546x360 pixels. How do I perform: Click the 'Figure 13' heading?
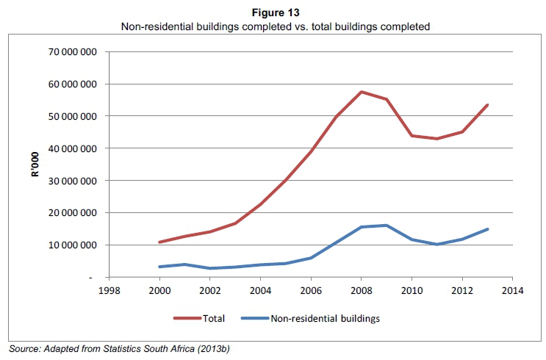pyautogui.click(x=273, y=12)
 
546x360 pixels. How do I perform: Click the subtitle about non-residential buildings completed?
pyautogui.click(x=273, y=26)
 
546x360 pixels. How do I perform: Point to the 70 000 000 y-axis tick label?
pyautogui.click(x=72, y=51)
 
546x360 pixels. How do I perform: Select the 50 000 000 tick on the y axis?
pyautogui.click(x=72, y=116)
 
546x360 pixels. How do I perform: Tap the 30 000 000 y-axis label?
pyautogui.click(x=72, y=181)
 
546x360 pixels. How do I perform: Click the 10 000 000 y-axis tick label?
pyautogui.click(x=72, y=245)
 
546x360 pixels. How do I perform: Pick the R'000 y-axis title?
pyautogui.click(x=34, y=165)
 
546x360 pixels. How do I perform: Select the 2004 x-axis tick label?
pyautogui.click(x=259, y=290)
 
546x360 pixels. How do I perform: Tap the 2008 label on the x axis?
pyautogui.click(x=360, y=290)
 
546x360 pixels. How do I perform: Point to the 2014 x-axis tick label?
pyautogui.click(x=511, y=290)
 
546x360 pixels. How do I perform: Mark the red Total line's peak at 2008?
pyautogui.click(x=361, y=92)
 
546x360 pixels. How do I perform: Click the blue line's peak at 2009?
pyautogui.click(x=386, y=226)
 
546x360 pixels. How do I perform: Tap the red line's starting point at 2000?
pyautogui.click(x=159, y=242)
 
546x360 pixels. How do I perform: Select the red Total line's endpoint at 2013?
pyautogui.click(x=487, y=105)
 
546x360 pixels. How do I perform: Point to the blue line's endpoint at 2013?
pyautogui.click(x=487, y=229)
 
